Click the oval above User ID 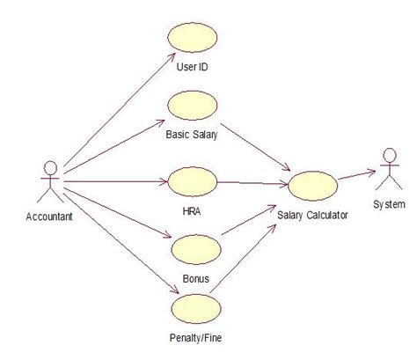point(191,40)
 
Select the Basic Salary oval point(192,107)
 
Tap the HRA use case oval point(191,182)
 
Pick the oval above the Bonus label point(191,250)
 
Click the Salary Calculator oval point(311,187)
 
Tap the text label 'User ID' point(192,68)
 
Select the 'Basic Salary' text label point(192,136)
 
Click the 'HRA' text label point(191,211)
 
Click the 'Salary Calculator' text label point(312,215)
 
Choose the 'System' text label point(388,205)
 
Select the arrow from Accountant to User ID point(114,110)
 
